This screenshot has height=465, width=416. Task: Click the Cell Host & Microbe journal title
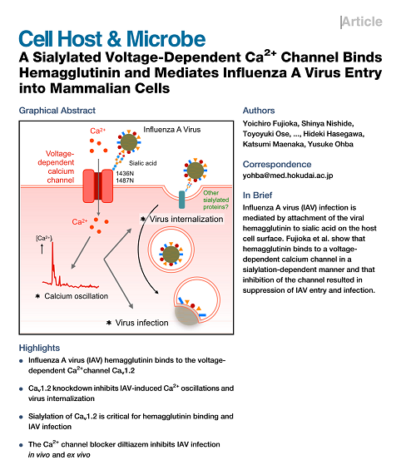click(x=112, y=39)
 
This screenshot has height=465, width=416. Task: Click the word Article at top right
click(x=362, y=22)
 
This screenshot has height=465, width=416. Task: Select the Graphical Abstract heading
click(x=57, y=111)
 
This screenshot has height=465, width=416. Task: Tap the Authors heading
click(x=259, y=111)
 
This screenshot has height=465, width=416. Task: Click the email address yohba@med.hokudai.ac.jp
click(x=288, y=176)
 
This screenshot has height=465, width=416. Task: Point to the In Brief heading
click(x=257, y=195)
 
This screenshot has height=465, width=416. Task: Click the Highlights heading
click(x=39, y=348)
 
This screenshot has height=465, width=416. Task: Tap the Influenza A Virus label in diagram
click(x=172, y=130)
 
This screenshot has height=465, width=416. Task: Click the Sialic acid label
click(x=142, y=163)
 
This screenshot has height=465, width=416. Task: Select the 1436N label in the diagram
click(x=125, y=174)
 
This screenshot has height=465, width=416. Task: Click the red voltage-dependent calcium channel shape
click(x=98, y=186)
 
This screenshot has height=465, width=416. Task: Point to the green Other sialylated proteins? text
click(x=215, y=200)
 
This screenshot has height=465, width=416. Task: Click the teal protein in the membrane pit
click(x=181, y=200)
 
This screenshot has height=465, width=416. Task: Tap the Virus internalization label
click(x=186, y=219)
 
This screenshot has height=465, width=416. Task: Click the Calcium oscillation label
click(x=77, y=296)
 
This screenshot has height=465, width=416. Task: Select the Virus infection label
click(x=141, y=323)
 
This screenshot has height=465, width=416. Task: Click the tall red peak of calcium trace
click(x=53, y=261)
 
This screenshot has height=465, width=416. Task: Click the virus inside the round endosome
click(x=171, y=255)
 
